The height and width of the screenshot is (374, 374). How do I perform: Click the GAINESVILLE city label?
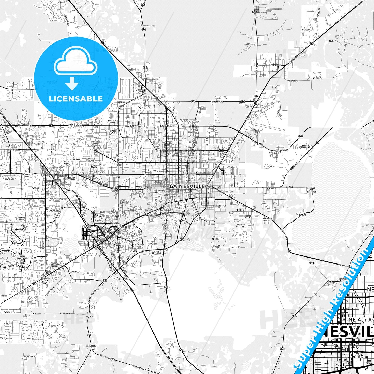[187, 186]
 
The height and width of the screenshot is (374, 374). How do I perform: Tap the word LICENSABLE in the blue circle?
[76, 99]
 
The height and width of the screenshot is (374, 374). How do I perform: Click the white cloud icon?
[75, 64]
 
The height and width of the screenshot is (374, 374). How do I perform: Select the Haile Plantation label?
[23, 257]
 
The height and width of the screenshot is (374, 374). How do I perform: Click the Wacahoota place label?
[91, 346]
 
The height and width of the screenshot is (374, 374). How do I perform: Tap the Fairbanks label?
[275, 65]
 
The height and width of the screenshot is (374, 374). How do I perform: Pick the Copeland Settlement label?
[304, 146]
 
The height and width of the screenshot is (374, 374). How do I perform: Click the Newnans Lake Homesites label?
[311, 190]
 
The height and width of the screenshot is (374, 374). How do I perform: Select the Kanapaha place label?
[45, 278]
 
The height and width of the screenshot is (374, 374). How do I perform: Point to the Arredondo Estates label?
[55, 265]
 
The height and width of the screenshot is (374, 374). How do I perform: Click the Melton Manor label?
[217, 246]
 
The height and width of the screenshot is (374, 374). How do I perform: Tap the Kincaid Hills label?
[247, 217]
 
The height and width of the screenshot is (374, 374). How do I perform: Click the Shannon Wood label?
[21, 218]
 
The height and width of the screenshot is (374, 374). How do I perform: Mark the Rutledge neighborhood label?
[64, 137]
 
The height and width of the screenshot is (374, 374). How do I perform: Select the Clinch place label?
[90, 316]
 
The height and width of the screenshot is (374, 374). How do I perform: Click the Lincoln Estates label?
[222, 207]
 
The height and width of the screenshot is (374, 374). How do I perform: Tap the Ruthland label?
[270, 189]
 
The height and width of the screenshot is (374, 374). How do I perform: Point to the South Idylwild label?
[156, 252]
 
